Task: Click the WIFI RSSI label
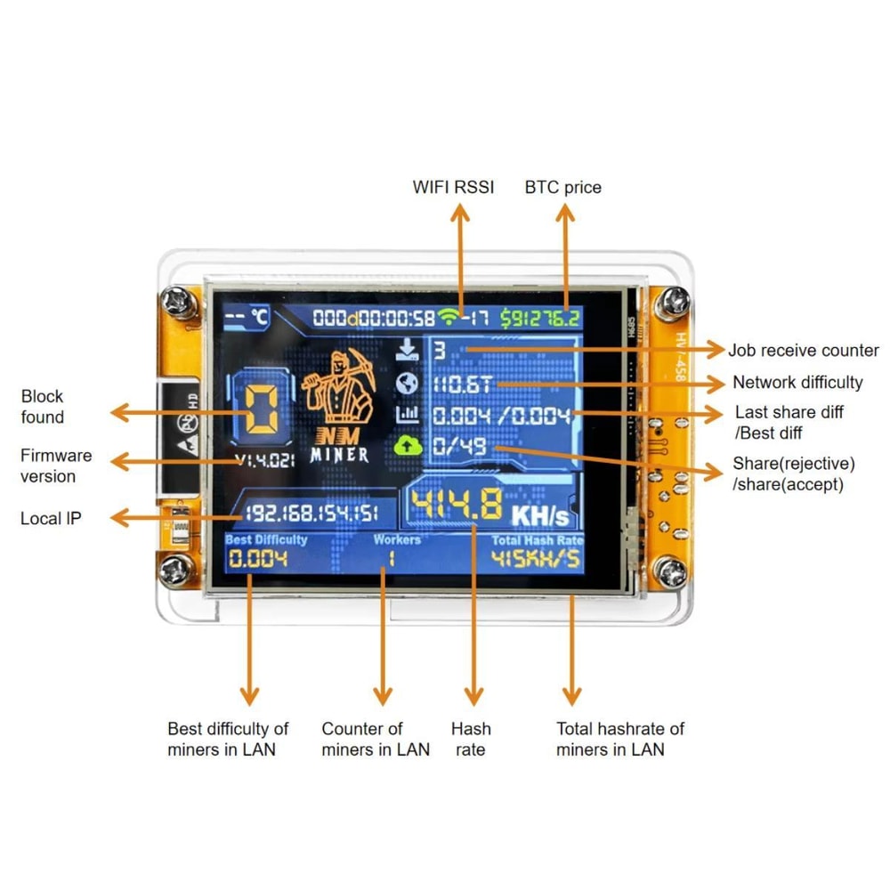(x=453, y=187)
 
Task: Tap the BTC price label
(x=562, y=187)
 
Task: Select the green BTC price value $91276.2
(x=540, y=318)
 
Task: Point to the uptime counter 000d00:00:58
(x=374, y=318)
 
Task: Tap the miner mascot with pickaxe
(x=336, y=388)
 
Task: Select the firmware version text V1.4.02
(x=263, y=461)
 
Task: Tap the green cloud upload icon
(x=408, y=446)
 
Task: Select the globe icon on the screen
(x=408, y=383)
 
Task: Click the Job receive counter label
(x=803, y=351)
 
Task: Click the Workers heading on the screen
(x=397, y=539)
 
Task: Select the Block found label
(x=43, y=407)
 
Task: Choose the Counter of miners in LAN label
(x=376, y=739)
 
